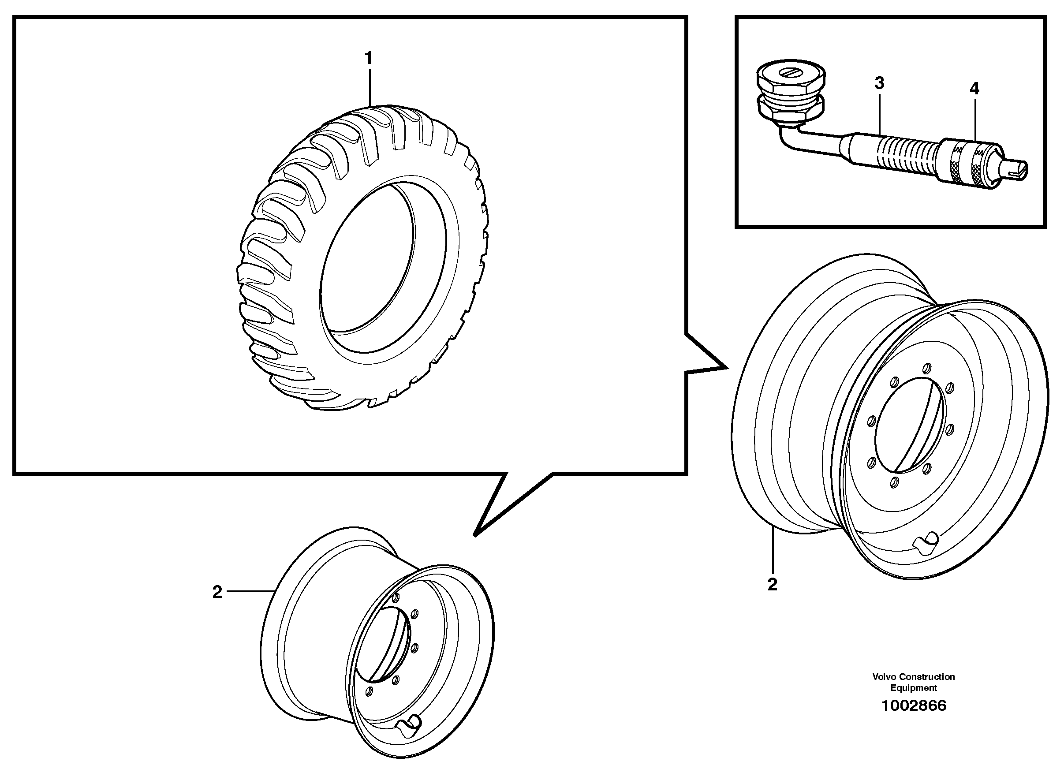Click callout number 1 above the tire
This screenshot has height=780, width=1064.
(x=368, y=59)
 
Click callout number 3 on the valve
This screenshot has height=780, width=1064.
(x=879, y=83)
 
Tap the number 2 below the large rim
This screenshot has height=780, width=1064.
(x=772, y=585)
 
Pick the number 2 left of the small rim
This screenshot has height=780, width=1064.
(x=217, y=592)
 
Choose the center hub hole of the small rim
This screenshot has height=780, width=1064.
(x=381, y=645)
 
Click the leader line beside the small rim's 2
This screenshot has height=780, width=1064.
(x=250, y=591)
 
